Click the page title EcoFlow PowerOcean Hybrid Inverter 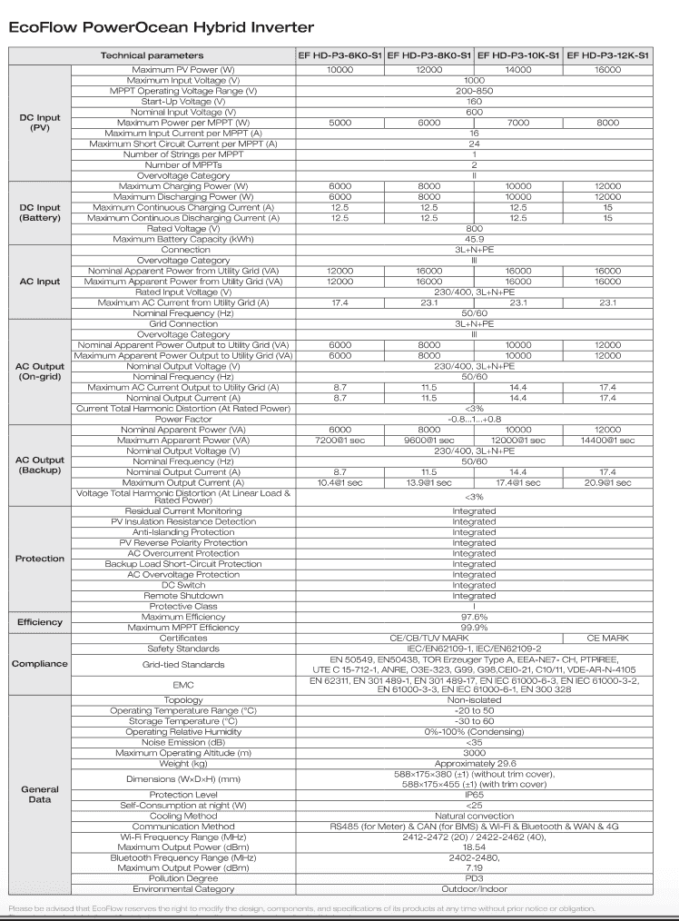click(x=161, y=27)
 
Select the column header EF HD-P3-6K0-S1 click(x=339, y=56)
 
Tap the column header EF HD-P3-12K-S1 click(x=608, y=56)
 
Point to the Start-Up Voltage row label click(x=182, y=102)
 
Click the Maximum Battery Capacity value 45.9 click(x=474, y=239)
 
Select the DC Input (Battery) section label click(x=40, y=213)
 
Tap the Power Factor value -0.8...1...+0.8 click(x=474, y=419)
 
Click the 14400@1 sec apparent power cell click(x=608, y=440)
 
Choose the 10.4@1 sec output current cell click(x=339, y=482)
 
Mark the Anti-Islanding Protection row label click(x=182, y=532)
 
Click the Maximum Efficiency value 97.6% click(x=474, y=617)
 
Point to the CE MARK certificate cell click(x=608, y=638)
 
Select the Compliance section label click(x=40, y=664)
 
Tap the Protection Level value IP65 click(x=474, y=793)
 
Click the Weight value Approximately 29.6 click(x=474, y=763)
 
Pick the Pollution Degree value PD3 click(x=474, y=878)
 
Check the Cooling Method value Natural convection click(x=474, y=814)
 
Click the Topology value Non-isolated click(x=474, y=700)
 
